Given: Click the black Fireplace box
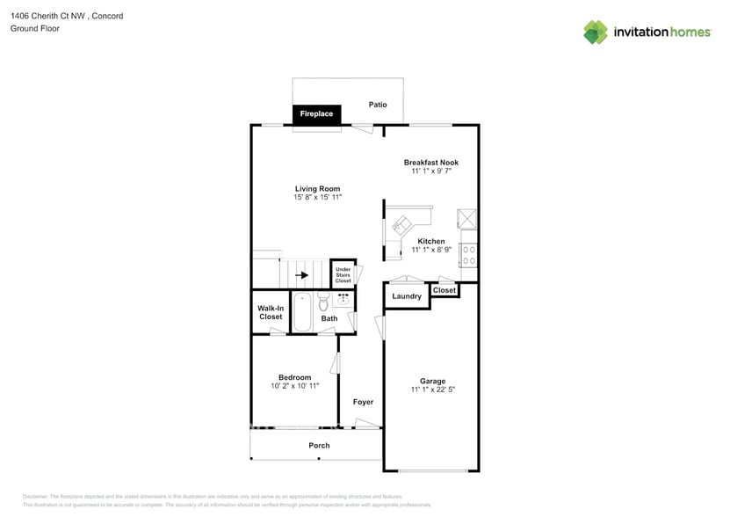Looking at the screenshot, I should (316, 114).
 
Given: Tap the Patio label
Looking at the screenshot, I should (378, 105).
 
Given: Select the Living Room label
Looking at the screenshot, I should (317, 189).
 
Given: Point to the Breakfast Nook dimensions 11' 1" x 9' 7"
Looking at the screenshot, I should (430, 171).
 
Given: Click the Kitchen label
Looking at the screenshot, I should (430, 241).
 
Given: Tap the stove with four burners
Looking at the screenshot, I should (469, 255).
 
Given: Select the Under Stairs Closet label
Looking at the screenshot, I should (343, 275).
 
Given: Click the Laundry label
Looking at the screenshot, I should (407, 296).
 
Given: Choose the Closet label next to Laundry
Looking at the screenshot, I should (445, 290).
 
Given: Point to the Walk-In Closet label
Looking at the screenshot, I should (270, 312).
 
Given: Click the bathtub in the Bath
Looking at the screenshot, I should (302, 313).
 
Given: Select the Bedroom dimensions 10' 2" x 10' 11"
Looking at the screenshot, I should (294, 386).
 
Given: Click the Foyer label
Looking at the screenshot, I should (363, 402).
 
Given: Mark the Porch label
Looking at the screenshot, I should (319, 446).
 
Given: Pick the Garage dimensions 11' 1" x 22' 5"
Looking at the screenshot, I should (431, 390).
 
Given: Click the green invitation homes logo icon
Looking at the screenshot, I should (596, 33).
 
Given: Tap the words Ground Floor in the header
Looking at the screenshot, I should (34, 28).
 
